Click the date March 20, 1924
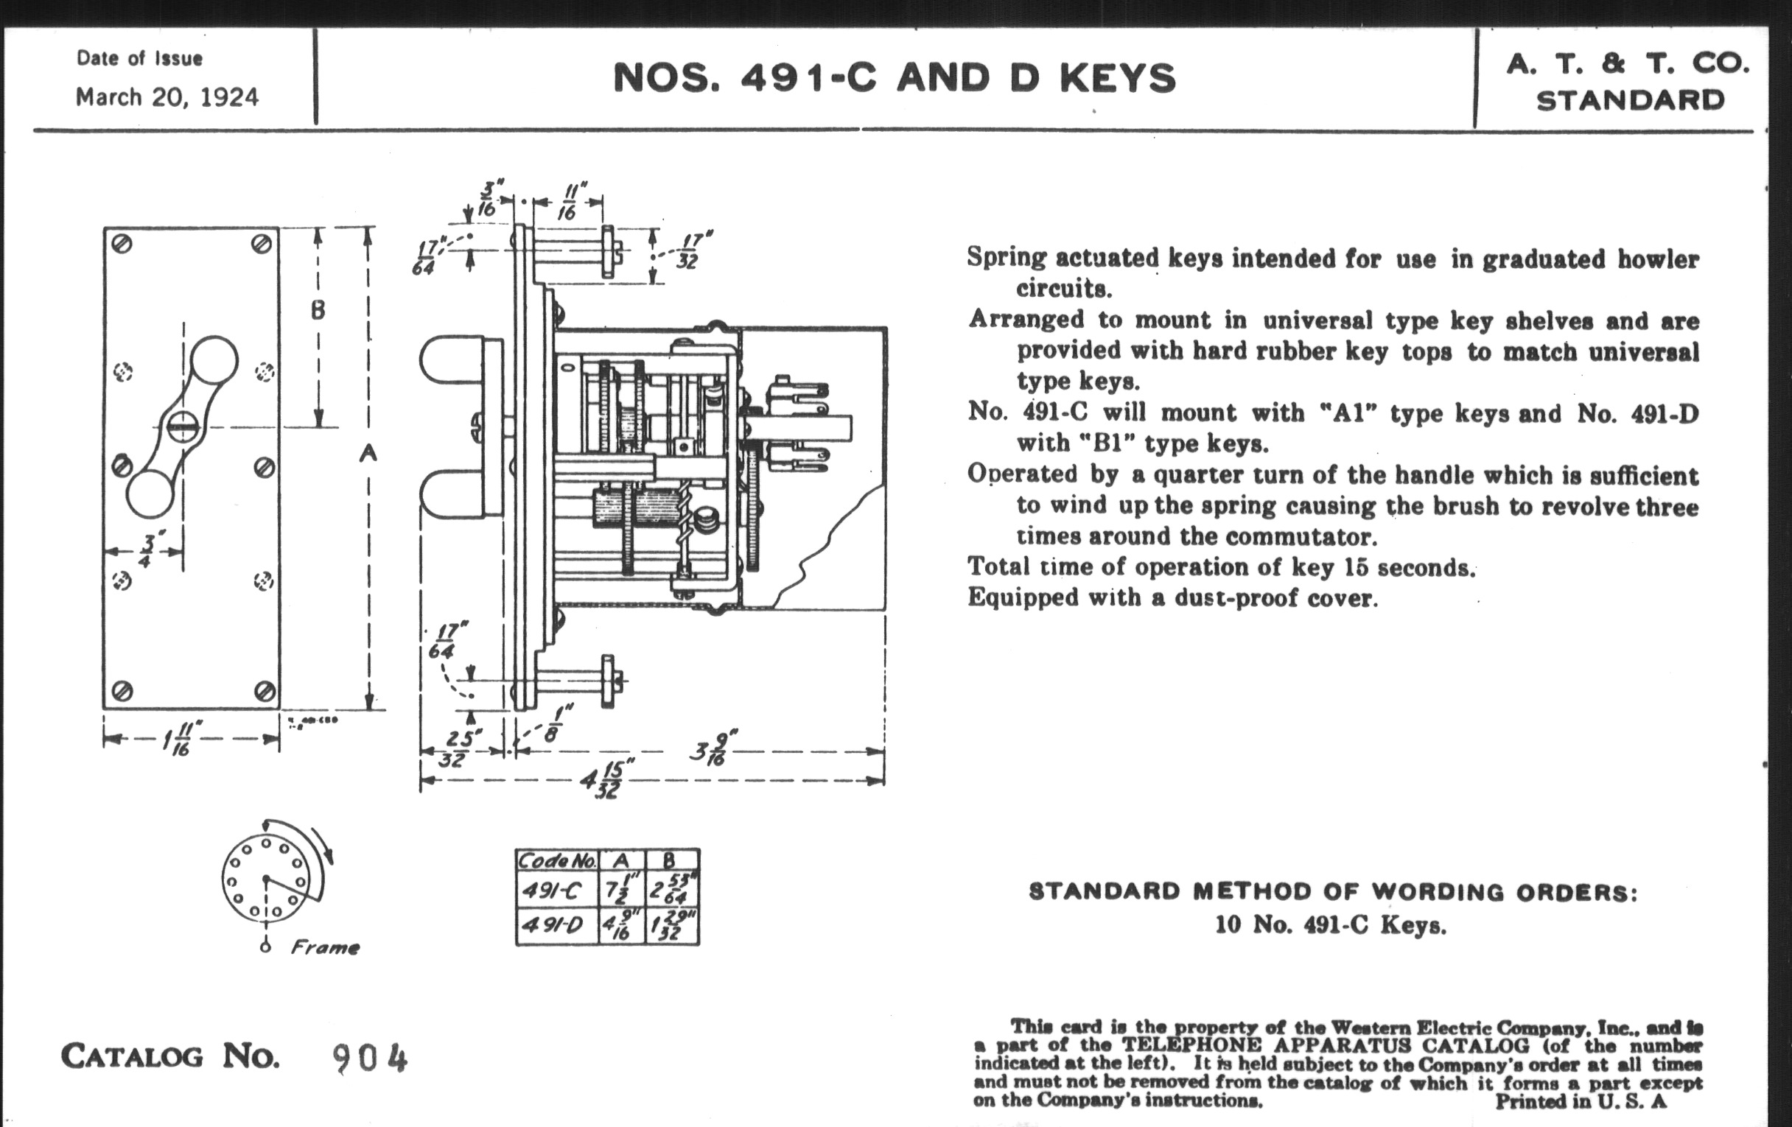167,97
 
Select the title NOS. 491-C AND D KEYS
894,78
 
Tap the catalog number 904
370,1058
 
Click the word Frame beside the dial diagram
325,947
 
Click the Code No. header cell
556,860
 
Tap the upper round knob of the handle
214,361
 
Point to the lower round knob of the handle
150,494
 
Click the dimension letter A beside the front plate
368,452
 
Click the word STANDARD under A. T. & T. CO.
1630,100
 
